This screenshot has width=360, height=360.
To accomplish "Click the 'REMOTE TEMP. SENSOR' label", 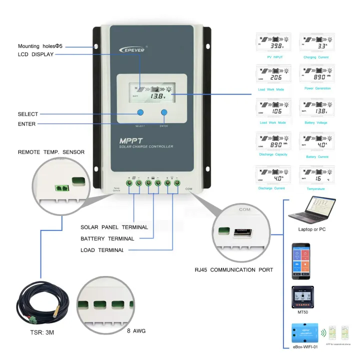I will click(51, 152).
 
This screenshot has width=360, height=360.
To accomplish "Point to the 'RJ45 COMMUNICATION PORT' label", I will click(233, 270).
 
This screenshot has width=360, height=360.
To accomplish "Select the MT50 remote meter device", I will click(302, 298).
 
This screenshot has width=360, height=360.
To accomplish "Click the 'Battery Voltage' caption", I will click(316, 122).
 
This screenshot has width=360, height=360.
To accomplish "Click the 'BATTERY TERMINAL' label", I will click(107, 239).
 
